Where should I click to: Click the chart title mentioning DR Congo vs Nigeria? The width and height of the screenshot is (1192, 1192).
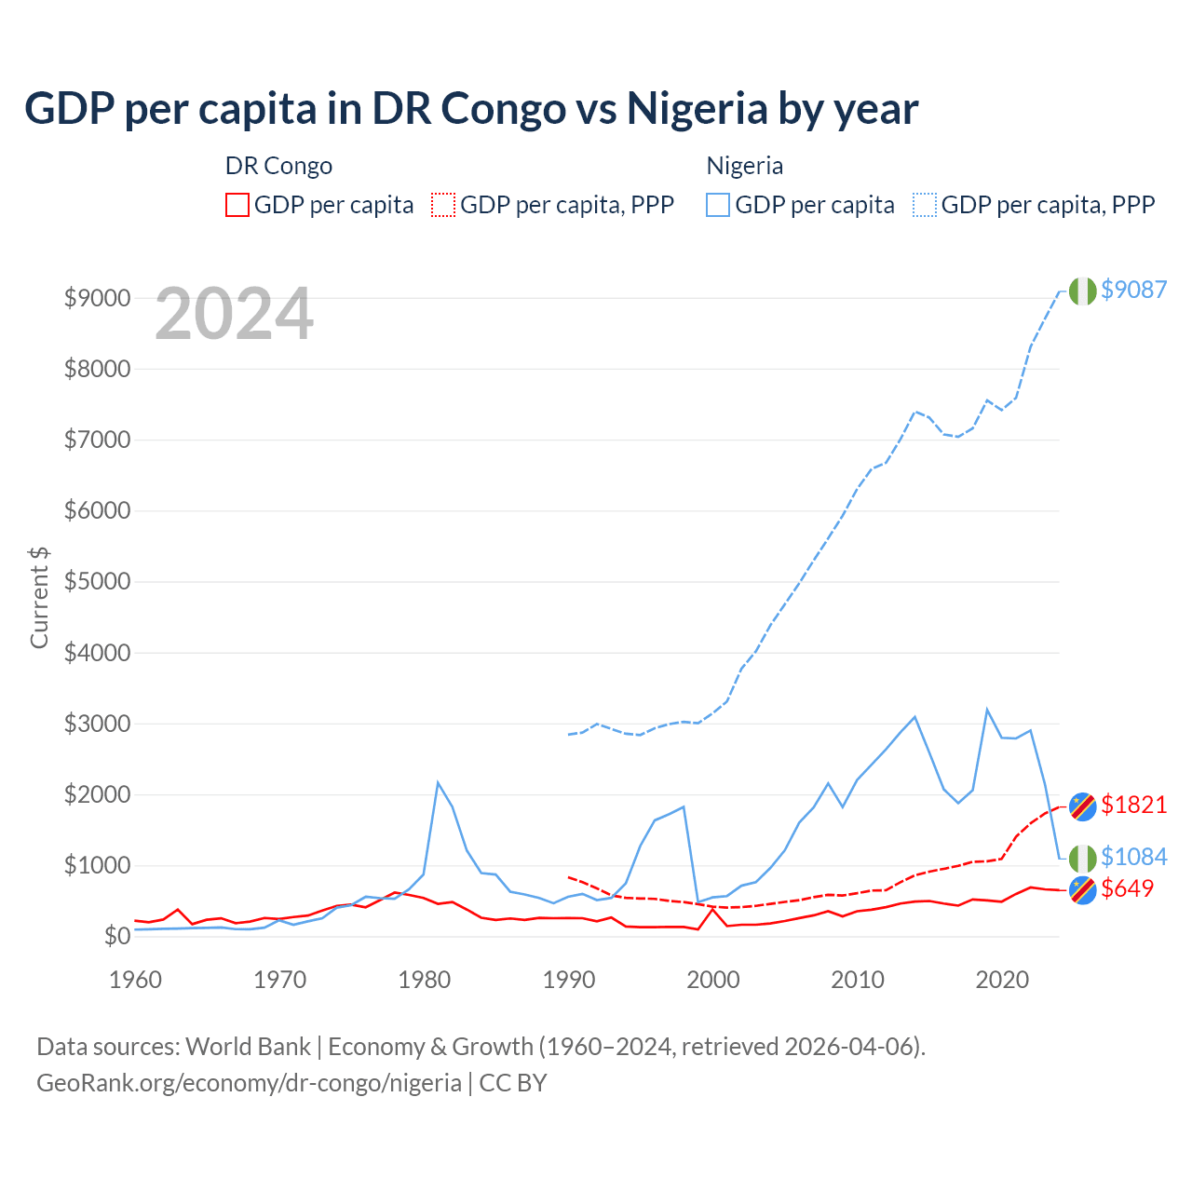471,109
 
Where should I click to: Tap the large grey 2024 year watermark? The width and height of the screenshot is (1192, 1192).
234,315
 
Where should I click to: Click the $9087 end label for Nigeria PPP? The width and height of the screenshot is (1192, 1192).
1133,290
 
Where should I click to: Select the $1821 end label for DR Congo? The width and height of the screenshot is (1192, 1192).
1133,805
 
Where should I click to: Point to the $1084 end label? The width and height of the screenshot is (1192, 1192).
1133,857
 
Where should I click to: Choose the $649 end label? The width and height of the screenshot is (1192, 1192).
1127,888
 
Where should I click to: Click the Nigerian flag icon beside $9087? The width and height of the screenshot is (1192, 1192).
1082,291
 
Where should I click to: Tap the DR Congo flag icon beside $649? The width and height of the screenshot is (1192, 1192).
1082,890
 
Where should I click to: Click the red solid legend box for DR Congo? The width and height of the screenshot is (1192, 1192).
237,205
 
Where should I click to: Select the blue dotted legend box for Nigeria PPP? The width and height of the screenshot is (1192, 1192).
925,205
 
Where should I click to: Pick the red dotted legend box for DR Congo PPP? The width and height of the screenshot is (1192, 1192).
443,205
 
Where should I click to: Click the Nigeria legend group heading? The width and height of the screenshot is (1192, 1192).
744,166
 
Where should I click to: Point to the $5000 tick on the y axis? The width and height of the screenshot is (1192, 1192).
96,582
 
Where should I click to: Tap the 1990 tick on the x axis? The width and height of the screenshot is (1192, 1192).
569,980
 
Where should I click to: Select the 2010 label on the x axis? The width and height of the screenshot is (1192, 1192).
858,980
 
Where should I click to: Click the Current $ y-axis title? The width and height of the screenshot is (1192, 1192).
39,598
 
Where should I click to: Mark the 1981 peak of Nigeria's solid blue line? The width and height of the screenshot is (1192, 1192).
438,782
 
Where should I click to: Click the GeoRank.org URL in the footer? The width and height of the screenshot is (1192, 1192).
249,1083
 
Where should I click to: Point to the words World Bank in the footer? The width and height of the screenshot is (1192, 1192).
248,1047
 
